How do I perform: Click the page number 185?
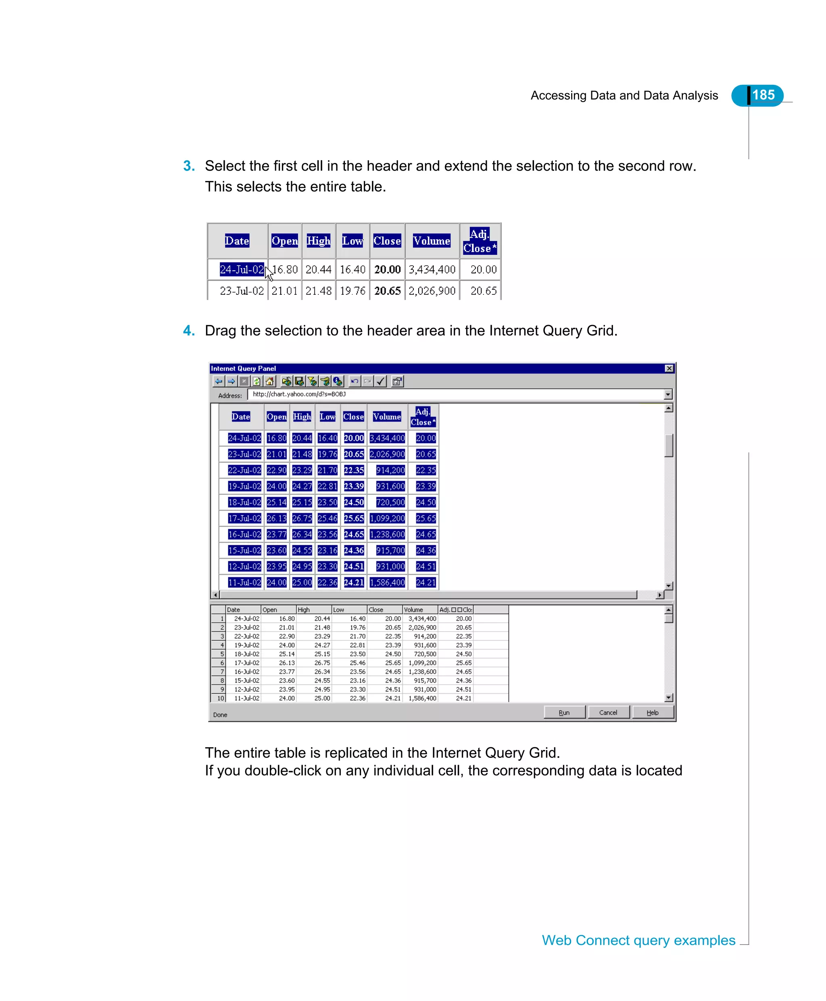click(x=763, y=95)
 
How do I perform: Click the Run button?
click(x=564, y=712)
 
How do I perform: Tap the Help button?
click(x=652, y=712)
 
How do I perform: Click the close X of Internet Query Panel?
click(x=669, y=368)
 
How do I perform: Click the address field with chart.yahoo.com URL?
click(x=452, y=394)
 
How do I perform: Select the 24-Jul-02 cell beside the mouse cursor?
click(x=241, y=269)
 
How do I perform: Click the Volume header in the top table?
click(x=431, y=241)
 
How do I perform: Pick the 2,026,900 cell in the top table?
click(x=432, y=291)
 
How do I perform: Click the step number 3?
click(x=188, y=166)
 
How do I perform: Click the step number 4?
click(x=188, y=331)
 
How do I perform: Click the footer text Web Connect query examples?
click(x=638, y=940)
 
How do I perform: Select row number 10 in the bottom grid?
click(x=220, y=699)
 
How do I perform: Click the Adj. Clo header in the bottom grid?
click(x=455, y=609)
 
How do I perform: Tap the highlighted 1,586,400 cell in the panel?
click(x=387, y=582)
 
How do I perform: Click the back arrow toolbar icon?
click(x=218, y=381)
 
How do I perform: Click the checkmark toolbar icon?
click(x=381, y=381)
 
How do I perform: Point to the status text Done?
click(x=220, y=715)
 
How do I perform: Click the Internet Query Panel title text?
click(x=243, y=368)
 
